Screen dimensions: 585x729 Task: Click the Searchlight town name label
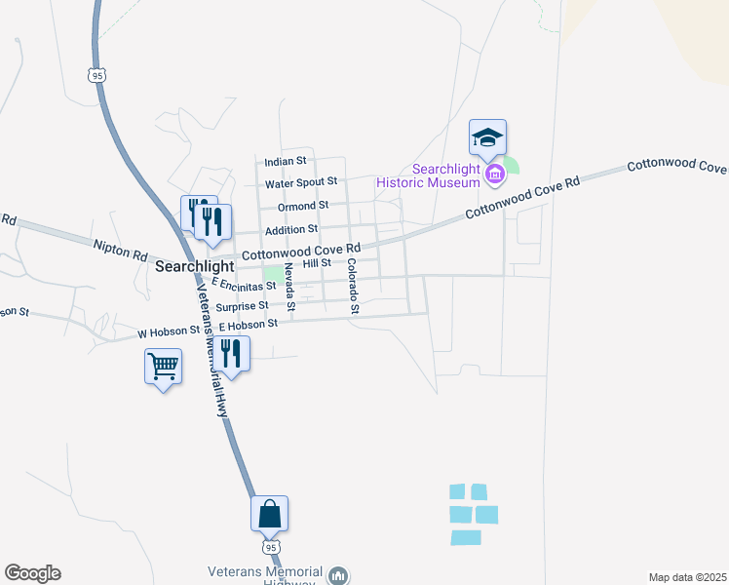(x=195, y=266)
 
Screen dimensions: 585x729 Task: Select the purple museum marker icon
(x=495, y=175)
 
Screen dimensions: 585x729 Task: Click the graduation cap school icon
(x=487, y=137)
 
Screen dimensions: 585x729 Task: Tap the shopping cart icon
(x=163, y=368)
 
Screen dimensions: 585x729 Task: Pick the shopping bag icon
(x=270, y=513)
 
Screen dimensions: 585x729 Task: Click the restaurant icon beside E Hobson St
(x=232, y=353)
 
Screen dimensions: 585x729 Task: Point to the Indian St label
(x=286, y=160)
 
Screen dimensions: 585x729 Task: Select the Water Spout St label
(x=301, y=182)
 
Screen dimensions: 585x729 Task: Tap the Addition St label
(x=293, y=229)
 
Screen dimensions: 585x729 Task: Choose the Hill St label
(x=318, y=263)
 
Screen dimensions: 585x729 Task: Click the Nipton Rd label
(x=120, y=251)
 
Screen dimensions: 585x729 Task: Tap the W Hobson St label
(x=169, y=332)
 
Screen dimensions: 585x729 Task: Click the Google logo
(x=32, y=573)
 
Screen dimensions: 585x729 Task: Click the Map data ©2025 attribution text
(x=687, y=577)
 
